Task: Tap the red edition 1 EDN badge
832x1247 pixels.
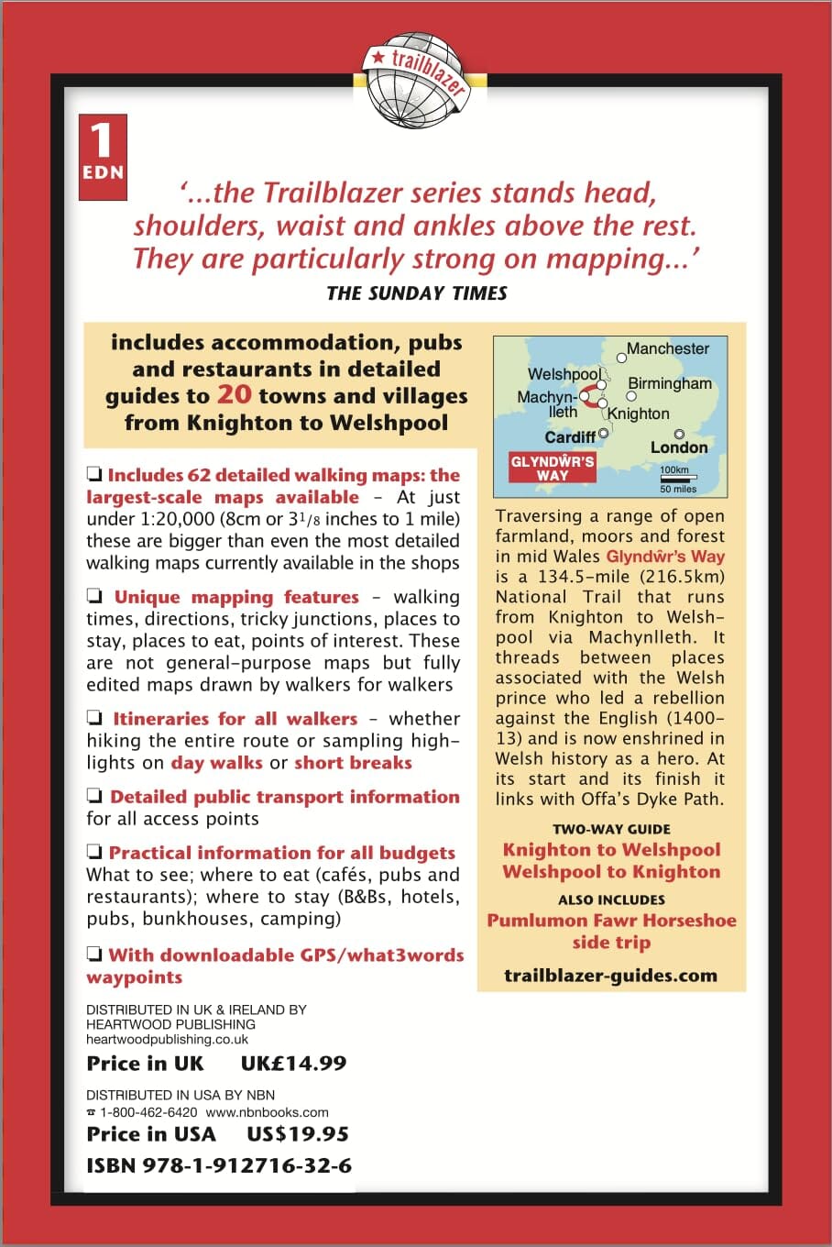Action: click(x=102, y=157)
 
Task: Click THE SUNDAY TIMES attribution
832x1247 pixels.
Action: click(x=417, y=293)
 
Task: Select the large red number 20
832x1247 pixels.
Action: click(x=234, y=395)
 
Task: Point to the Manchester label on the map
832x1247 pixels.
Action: click(x=668, y=349)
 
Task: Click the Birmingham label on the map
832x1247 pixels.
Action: click(x=670, y=384)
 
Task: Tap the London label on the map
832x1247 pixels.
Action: click(x=679, y=447)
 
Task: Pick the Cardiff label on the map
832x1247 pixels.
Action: click(x=570, y=436)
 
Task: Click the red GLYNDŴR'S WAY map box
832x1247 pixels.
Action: click(x=553, y=468)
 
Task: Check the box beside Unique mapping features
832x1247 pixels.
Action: click(x=94, y=598)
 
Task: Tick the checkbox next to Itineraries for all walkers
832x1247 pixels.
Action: click(x=94, y=719)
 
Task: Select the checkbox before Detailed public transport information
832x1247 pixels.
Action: click(x=94, y=797)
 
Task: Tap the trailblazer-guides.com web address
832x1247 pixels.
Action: click(x=611, y=976)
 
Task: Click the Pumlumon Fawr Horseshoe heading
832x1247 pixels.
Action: click(x=611, y=921)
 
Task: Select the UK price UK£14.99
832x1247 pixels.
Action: click(x=293, y=1064)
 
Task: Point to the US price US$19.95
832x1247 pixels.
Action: click(x=298, y=1134)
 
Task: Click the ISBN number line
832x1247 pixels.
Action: click(x=219, y=1166)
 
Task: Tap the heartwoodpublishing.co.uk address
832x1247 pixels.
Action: click(x=167, y=1040)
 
